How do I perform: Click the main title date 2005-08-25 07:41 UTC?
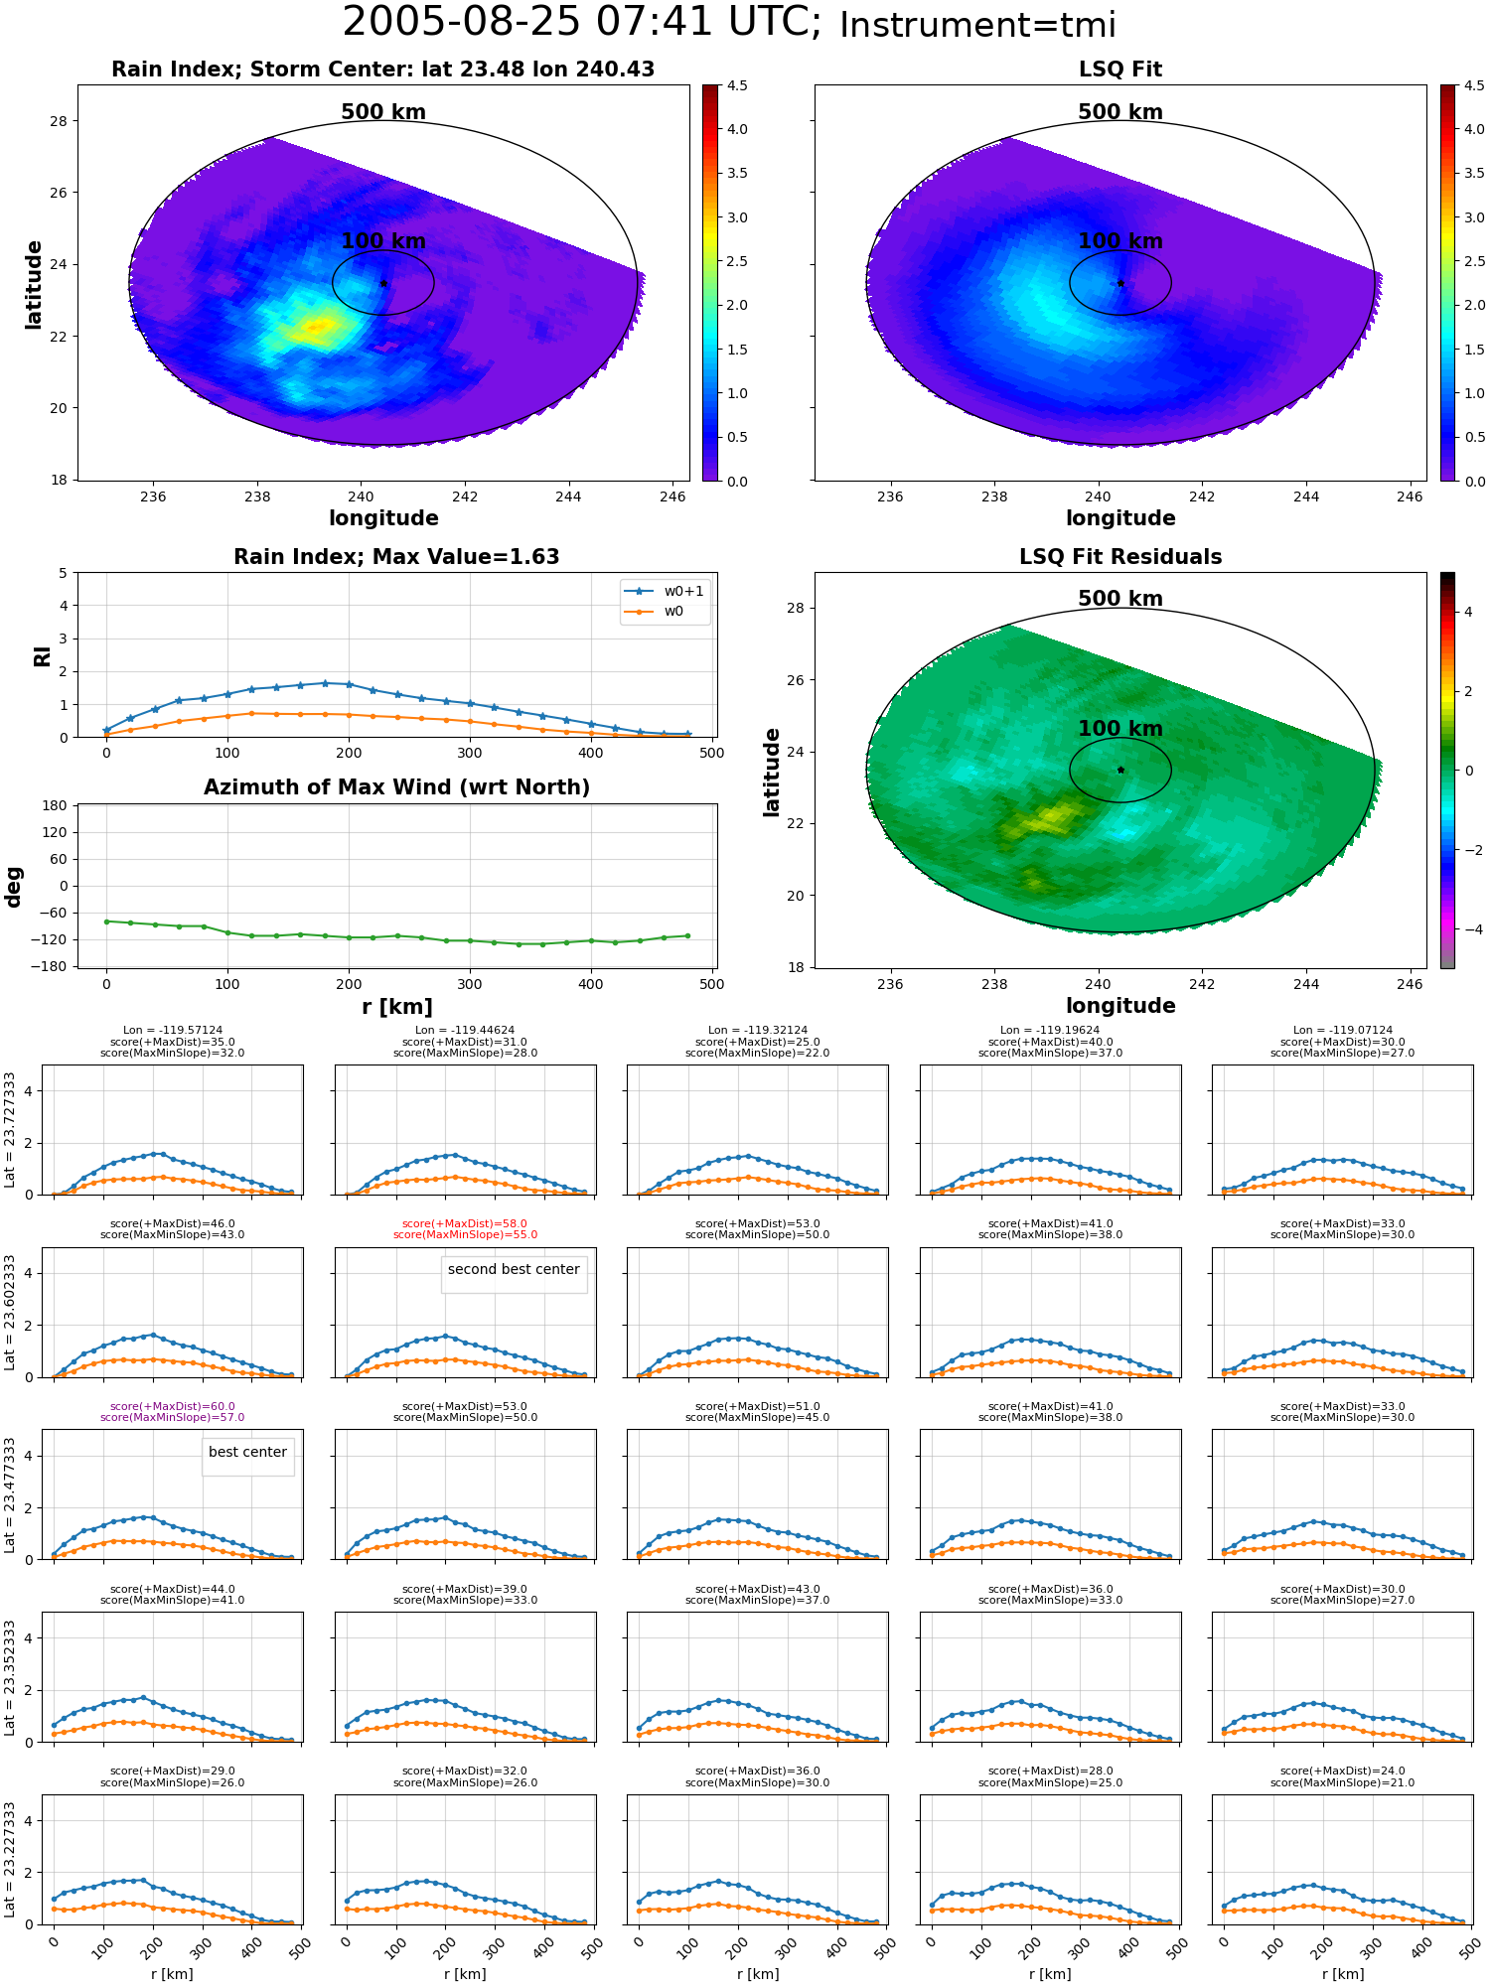pos(581,23)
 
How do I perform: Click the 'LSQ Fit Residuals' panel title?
pos(1120,557)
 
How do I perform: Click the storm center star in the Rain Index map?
pos(383,283)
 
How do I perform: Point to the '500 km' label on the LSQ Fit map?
pos(1120,112)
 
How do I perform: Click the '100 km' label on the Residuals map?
pos(1120,728)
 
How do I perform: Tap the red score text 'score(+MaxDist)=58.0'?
pos(465,1224)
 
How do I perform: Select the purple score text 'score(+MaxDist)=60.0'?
pos(173,1406)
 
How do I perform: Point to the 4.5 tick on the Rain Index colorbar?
pos(737,85)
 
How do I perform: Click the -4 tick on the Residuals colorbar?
pos(1467,929)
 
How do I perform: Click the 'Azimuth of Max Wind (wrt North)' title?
pos(396,787)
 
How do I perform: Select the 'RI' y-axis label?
pos(42,655)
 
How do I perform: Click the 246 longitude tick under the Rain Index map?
pos(672,496)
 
